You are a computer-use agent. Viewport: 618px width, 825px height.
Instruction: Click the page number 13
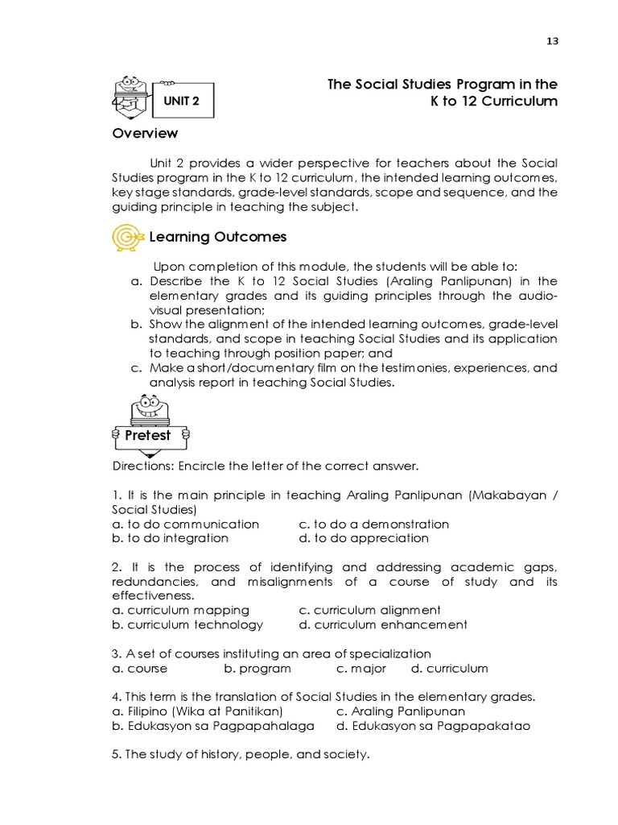click(x=551, y=42)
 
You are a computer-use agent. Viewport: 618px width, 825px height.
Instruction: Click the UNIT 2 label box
click(x=181, y=102)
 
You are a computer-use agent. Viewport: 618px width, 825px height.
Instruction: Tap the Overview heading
click(x=145, y=133)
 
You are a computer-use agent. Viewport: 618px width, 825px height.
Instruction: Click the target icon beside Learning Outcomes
click(x=128, y=237)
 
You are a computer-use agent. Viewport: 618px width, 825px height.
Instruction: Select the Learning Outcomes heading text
click(x=217, y=237)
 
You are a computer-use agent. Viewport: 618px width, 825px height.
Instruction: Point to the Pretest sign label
click(x=148, y=435)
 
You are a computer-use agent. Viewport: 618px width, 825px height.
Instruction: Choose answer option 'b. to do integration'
click(x=171, y=538)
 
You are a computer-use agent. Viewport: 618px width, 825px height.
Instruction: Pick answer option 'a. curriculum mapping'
click(x=181, y=610)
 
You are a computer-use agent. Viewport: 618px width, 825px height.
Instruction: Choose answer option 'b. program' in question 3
click(x=257, y=669)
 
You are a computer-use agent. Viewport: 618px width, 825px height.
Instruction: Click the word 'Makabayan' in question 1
click(x=505, y=495)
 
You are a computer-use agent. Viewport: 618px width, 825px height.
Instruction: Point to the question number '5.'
click(x=117, y=755)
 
